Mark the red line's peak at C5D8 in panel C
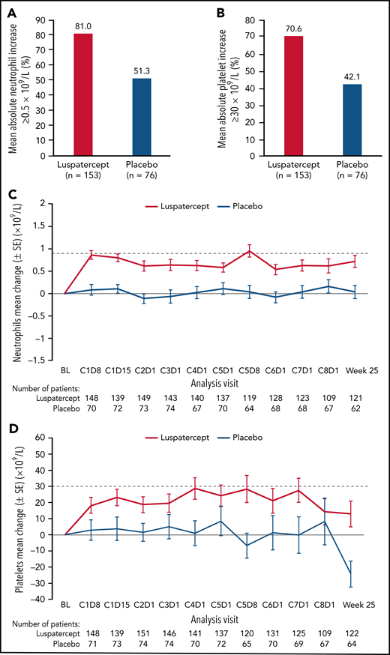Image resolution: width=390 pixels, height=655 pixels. point(249,252)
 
